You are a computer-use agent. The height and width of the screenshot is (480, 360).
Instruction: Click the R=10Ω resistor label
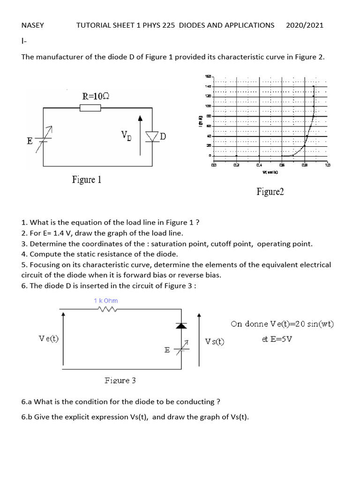[96, 97]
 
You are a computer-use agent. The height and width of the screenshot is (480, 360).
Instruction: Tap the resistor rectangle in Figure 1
[90, 108]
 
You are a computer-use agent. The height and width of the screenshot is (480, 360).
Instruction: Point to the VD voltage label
[126, 135]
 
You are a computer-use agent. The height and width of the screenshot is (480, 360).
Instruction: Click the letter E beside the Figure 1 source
[30, 141]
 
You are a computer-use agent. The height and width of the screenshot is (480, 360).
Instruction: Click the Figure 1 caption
[86, 180]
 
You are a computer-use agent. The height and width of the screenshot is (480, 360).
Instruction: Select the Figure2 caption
[270, 191]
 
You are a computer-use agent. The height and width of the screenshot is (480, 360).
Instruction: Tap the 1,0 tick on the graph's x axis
[327, 165]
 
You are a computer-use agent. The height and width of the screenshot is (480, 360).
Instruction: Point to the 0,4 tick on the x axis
[259, 165]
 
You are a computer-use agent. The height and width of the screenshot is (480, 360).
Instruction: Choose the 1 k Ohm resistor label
[105, 300]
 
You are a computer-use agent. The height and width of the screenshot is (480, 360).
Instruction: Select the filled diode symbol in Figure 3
[181, 325]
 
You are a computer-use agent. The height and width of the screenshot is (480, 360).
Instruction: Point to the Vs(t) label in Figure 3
[215, 341]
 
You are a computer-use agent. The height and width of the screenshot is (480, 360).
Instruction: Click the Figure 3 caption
[120, 381]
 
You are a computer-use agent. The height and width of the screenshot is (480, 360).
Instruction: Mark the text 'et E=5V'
[277, 338]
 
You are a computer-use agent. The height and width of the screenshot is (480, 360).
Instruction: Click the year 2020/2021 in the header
[304, 25]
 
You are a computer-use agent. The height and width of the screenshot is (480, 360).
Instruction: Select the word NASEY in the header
[32, 25]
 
